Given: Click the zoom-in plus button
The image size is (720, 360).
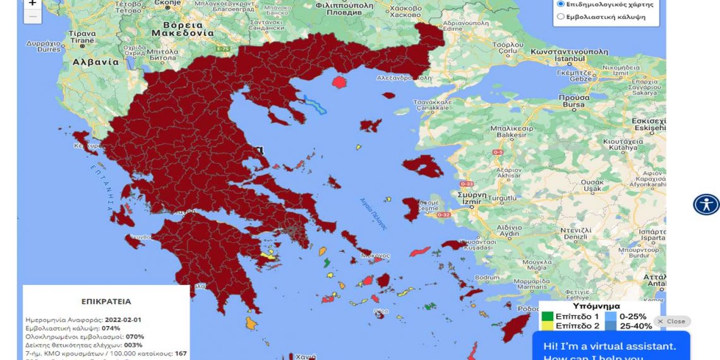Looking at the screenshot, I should (x=32, y=4).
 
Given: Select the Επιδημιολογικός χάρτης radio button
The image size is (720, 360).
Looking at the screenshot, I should (x=561, y=4).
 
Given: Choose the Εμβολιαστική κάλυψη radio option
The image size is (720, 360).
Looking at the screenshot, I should (x=561, y=16).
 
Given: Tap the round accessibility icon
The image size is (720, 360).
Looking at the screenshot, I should (x=705, y=205).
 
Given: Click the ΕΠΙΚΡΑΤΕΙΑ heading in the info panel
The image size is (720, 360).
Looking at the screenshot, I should (x=106, y=301).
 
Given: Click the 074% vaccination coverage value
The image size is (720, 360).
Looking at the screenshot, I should (x=111, y=328).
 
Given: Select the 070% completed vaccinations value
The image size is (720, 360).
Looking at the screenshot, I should (x=135, y=337).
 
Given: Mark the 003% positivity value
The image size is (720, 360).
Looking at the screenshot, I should (x=133, y=345).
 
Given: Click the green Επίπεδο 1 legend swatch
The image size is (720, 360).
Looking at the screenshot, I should (x=546, y=316).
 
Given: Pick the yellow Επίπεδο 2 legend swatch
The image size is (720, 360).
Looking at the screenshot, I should (x=546, y=326).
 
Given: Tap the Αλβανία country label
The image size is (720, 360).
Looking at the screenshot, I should (x=96, y=62).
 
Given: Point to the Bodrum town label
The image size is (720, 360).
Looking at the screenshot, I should (x=487, y=277).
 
